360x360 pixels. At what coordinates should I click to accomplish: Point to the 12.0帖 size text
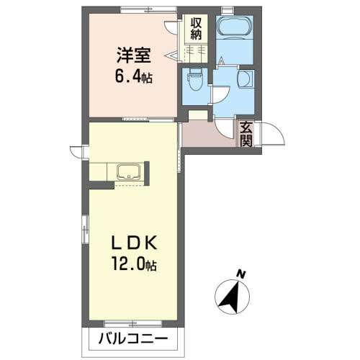coord(133,265)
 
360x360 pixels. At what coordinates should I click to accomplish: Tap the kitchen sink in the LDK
coord(128,173)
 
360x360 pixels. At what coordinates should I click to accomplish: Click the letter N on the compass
coord(242,274)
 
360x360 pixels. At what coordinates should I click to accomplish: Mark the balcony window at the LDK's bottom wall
coord(134,322)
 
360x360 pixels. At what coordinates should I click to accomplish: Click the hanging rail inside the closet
coord(195,50)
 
